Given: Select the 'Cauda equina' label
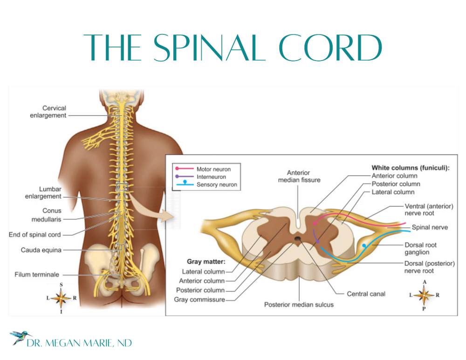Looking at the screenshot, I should click(x=41, y=250).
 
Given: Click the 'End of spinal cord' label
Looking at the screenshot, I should click(x=35, y=235).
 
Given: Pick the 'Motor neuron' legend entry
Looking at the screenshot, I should click(x=213, y=170).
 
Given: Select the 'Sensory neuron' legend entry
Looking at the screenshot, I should click(x=217, y=185).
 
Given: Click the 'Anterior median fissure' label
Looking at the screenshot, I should click(x=299, y=177).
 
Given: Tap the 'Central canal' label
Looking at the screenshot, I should click(x=366, y=294).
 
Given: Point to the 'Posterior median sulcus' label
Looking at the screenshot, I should click(x=299, y=305).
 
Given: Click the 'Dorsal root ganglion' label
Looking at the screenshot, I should click(x=420, y=249).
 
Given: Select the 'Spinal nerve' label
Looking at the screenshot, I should click(x=430, y=228).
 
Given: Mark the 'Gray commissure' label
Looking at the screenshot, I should click(x=199, y=299).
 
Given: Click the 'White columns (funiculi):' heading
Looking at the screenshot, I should click(x=410, y=168).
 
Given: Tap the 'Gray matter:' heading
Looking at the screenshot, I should click(x=206, y=262).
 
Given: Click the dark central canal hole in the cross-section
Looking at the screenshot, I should click(x=298, y=239).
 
